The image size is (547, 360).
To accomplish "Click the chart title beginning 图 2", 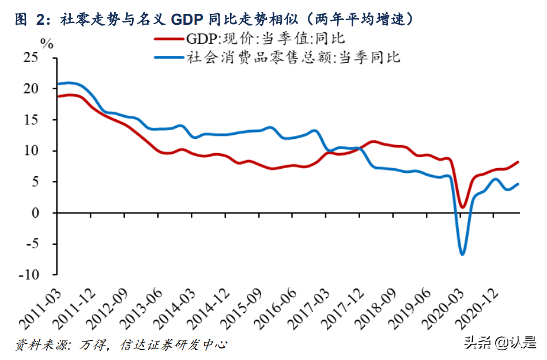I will (213, 19).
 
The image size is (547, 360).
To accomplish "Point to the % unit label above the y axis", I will (47, 44).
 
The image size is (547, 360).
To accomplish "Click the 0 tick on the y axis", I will (36, 213).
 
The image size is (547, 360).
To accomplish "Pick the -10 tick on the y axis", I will (28, 275).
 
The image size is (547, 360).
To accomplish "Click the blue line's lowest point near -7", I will (462, 254).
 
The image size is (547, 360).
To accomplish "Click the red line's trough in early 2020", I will (462, 207).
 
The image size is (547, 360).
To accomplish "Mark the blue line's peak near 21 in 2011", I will (69, 82).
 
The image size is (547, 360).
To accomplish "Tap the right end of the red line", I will (519, 162).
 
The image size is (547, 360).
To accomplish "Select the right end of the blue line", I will (519, 184).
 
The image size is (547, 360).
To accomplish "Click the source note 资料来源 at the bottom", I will (120, 345).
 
